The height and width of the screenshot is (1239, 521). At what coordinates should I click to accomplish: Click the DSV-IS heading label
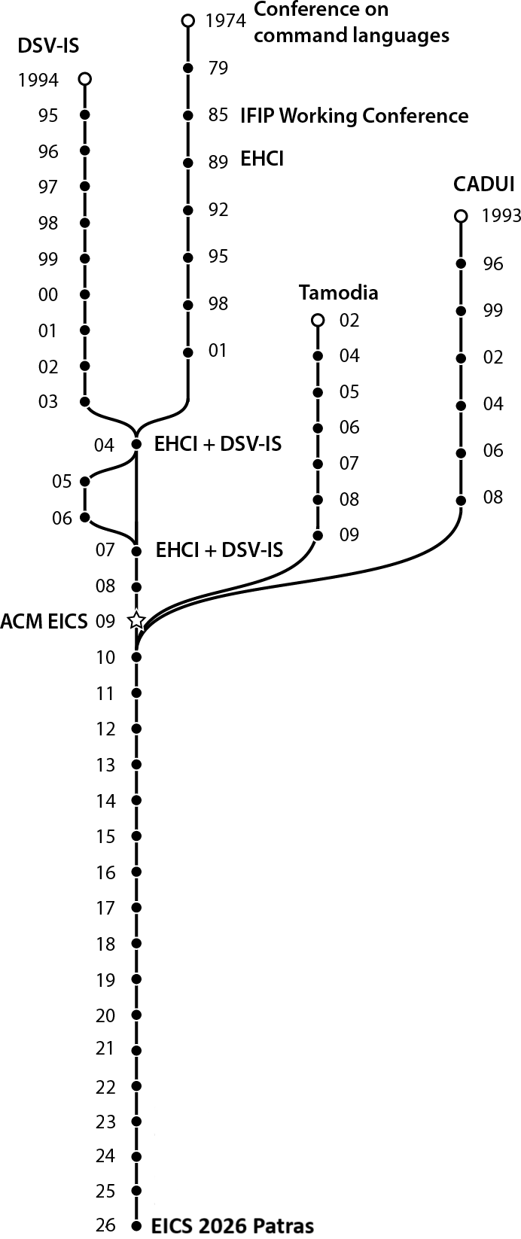coord(48,47)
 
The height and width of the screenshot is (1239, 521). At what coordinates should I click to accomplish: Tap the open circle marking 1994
coord(84,78)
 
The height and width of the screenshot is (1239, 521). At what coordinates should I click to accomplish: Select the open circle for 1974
coord(188,20)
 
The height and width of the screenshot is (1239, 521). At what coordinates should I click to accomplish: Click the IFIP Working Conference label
coord(354,116)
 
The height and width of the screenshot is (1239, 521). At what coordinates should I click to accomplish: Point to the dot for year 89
coord(188,163)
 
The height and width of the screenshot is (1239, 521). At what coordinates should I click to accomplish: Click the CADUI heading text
coord(483,184)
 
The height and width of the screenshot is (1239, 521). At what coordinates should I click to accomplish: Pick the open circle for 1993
coord(461,217)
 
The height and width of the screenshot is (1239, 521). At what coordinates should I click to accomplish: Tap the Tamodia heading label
coord(338,292)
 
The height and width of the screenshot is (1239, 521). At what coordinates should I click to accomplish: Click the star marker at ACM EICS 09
coord(136,621)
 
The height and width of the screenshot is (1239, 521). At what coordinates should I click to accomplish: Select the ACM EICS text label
coord(44,622)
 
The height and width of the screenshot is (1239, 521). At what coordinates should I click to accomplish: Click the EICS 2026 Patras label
coord(233,1225)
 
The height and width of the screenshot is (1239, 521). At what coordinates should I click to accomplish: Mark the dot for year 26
coord(136,1225)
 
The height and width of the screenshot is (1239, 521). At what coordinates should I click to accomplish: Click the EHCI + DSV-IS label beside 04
coord(218,444)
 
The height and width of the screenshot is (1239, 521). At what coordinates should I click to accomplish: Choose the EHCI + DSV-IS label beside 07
coord(219,550)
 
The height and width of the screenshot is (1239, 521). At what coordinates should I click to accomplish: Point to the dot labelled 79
coord(188,68)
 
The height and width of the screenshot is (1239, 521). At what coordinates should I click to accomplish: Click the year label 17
coord(105,909)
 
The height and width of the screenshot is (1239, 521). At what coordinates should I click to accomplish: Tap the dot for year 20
coord(136,1015)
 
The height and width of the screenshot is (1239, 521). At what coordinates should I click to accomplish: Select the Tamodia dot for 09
coord(318,535)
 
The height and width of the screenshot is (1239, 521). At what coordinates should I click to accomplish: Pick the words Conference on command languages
coord(351,23)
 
